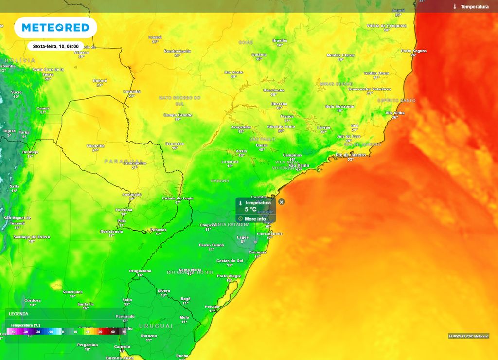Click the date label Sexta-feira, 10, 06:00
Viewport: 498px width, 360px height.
click(55, 47)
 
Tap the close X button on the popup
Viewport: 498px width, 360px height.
click(282, 202)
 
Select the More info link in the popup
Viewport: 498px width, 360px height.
click(255, 219)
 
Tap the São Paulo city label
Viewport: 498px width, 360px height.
click(299, 165)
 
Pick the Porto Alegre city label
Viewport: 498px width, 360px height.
click(229, 276)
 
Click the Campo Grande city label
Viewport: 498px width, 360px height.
click(178, 115)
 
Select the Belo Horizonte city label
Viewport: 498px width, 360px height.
click(340, 106)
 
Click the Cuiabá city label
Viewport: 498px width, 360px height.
click(155, 37)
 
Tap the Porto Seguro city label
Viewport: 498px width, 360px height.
click(413, 51)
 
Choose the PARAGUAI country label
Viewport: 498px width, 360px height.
click(124, 161)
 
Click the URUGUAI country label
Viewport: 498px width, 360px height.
click(156, 325)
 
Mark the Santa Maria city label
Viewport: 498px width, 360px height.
click(191, 270)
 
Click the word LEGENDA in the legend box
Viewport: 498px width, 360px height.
click(18, 314)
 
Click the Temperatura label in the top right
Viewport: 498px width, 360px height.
click(474, 7)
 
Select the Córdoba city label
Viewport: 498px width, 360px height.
click(32, 300)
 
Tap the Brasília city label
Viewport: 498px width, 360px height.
click(280, 40)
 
